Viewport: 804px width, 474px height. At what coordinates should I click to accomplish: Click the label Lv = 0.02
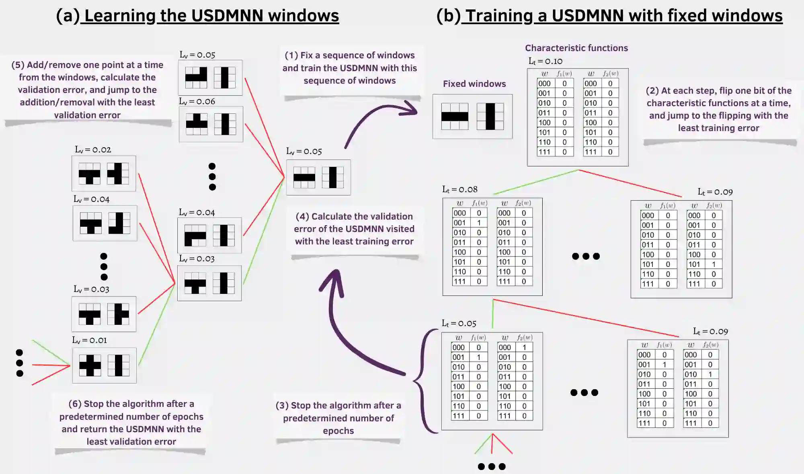(x=93, y=150)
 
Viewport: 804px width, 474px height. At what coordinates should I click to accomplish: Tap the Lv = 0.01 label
(x=90, y=340)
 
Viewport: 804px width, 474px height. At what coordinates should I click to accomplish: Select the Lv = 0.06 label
(x=197, y=101)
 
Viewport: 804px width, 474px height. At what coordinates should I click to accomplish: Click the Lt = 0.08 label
(x=459, y=189)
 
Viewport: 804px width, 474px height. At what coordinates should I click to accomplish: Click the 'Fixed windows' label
(x=474, y=84)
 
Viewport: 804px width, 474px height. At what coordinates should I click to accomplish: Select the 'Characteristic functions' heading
(x=576, y=48)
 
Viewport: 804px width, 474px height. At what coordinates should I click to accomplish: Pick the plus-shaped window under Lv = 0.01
(x=90, y=365)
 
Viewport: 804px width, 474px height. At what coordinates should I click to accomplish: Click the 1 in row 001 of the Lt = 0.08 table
(x=479, y=223)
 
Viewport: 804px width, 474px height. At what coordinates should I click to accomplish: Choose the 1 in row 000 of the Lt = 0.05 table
(x=524, y=347)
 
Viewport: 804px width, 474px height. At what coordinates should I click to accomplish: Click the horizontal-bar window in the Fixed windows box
(x=455, y=116)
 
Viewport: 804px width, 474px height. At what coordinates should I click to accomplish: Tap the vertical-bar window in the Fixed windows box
(x=490, y=116)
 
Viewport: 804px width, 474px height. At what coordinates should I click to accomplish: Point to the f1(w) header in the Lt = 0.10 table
(x=564, y=74)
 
